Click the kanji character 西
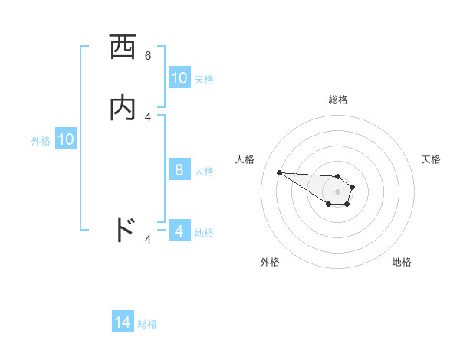123,48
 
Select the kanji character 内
123,108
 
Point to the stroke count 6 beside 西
148,56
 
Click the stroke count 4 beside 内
148,116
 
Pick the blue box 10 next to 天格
179,78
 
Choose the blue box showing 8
179,170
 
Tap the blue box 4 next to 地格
179,231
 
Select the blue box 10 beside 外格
66,139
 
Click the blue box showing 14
123,323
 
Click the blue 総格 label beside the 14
147,324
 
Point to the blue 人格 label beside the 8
205,171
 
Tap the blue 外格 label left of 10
40,140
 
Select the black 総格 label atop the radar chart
338,100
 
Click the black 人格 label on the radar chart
245,159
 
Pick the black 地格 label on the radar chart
402,262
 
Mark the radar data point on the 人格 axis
279,172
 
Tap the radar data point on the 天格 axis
353,186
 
